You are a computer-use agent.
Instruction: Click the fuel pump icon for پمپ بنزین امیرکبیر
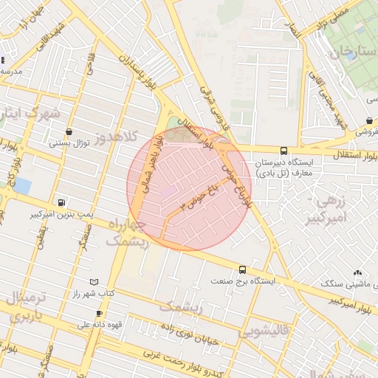tap(61, 202)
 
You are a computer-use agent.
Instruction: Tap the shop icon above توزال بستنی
tap(69, 131)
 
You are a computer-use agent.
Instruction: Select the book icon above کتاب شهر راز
tap(93, 282)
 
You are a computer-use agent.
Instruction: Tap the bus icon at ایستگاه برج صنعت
tap(242, 269)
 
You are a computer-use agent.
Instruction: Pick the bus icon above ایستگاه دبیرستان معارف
tap(284, 151)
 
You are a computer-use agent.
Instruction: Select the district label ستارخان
tap(348, 53)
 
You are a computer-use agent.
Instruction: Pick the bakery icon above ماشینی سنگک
tap(358, 272)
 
